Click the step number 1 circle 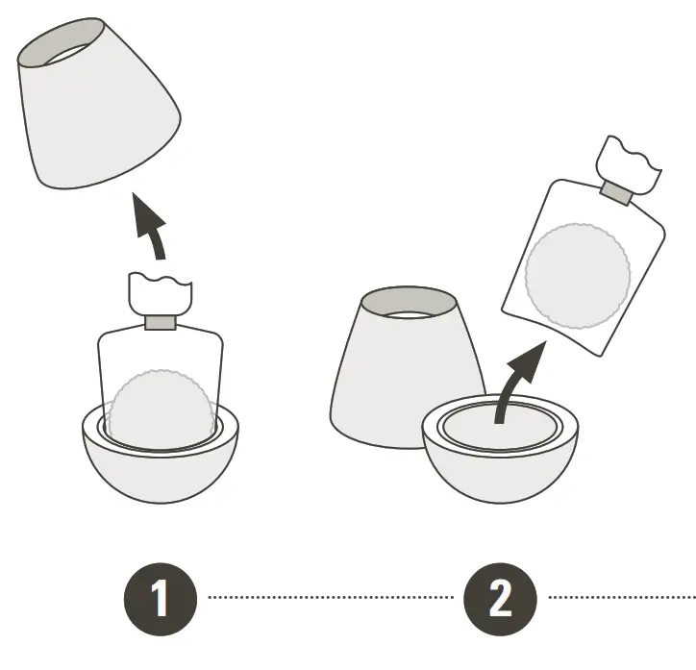160,598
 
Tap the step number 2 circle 500,598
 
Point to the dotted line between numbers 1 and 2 330,598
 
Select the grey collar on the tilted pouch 616,193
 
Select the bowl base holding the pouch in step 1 160,471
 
